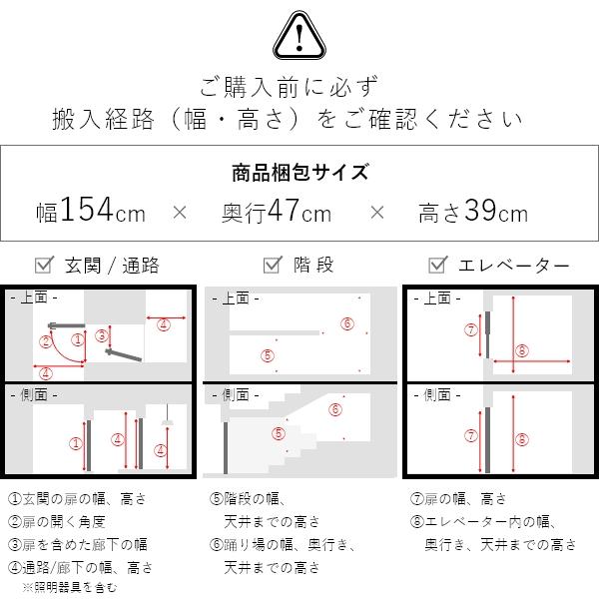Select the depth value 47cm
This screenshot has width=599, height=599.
pyautogui.click(x=277, y=212)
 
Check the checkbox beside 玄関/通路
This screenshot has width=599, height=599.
pyautogui.click(x=43, y=266)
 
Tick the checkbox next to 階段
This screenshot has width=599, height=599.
pyautogui.click(x=271, y=266)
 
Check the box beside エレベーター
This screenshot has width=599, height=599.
pyautogui.click(x=436, y=266)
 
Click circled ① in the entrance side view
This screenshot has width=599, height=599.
pyautogui.click(x=74, y=443)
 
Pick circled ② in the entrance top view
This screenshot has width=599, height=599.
pyautogui.click(x=45, y=341)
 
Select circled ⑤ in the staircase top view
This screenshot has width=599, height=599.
pyautogui.click(x=267, y=354)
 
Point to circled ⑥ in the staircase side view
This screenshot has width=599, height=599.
pyautogui.click(x=335, y=409)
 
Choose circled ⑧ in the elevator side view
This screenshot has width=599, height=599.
pyautogui.click(x=520, y=439)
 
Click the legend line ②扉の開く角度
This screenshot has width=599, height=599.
pyautogui.click(x=57, y=521)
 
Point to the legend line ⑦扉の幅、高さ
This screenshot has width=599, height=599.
pyautogui.click(x=458, y=499)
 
